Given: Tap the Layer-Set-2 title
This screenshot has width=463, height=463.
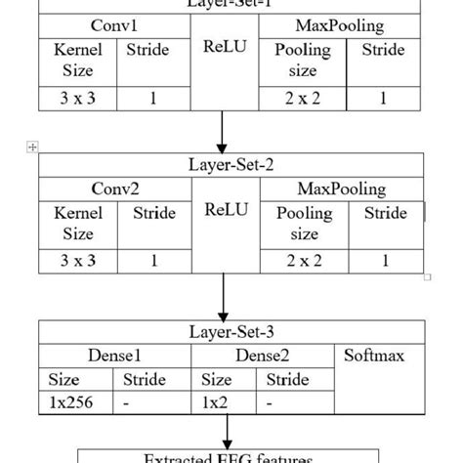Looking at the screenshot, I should (231, 164).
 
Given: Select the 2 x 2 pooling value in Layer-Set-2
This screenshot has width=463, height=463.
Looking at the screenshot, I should (303, 261).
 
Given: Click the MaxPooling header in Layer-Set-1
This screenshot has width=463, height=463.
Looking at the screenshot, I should (342, 23).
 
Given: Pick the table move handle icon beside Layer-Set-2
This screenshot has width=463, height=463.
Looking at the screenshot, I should (33, 147).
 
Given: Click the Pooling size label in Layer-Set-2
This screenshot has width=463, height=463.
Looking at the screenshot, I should (304, 224).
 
